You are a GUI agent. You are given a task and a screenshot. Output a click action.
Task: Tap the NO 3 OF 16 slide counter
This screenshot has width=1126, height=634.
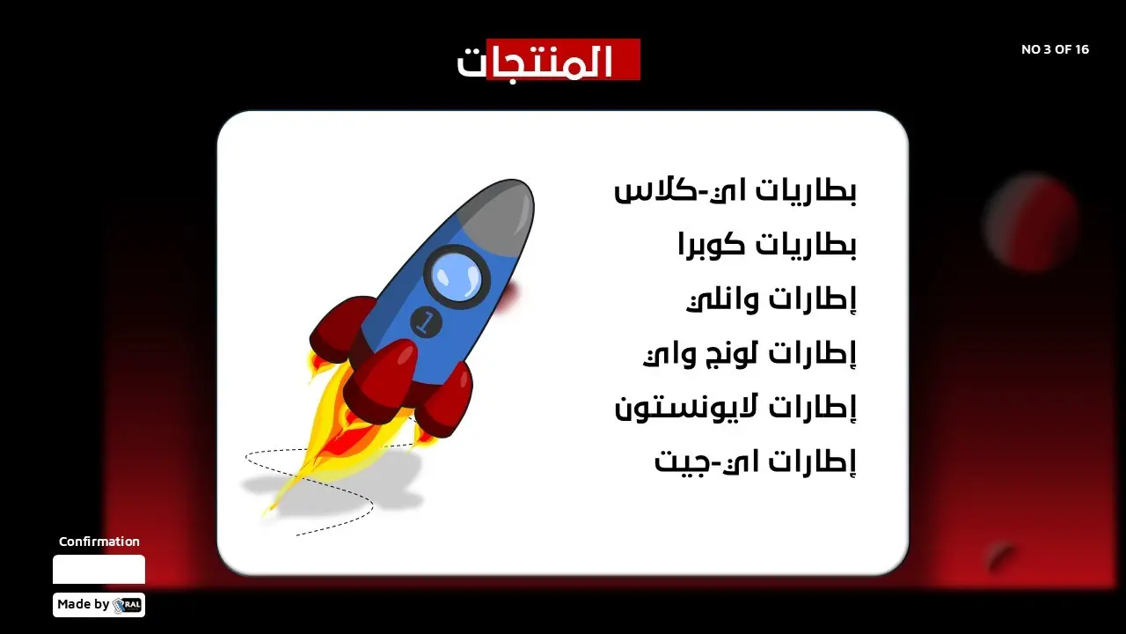[x=1055, y=49]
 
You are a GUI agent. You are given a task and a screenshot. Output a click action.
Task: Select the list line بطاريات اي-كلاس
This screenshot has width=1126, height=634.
[x=735, y=191]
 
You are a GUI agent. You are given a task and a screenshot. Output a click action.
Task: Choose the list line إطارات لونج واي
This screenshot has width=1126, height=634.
[x=749, y=354]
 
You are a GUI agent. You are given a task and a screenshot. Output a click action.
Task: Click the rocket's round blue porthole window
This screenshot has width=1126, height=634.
[x=457, y=277]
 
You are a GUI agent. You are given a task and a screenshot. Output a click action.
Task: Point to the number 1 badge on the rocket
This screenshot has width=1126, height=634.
[x=426, y=322]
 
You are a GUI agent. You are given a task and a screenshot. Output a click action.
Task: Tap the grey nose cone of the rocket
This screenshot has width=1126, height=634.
[x=502, y=211]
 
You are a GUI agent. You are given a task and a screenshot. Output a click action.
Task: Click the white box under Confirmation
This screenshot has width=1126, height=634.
[x=99, y=569]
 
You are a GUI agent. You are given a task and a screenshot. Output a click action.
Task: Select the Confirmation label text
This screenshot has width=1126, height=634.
[x=99, y=542]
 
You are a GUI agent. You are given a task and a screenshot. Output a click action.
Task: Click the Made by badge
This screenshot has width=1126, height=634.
[x=99, y=605]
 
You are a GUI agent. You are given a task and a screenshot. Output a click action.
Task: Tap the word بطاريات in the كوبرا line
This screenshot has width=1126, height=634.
[x=804, y=245]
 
